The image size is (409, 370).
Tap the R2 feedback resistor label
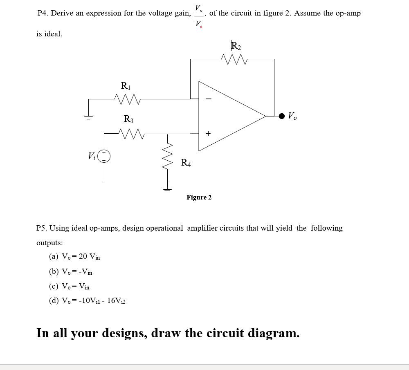coord(236,45)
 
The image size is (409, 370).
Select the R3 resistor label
coord(128,119)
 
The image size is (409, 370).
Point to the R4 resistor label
coord(186,163)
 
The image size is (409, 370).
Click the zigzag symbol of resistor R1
coord(127,99)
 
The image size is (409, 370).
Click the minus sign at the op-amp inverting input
coord(208,99)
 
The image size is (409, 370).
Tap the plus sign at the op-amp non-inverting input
coord(208,133)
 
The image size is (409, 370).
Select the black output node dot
coord(281,116)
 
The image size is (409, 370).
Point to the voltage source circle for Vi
coord(104,155)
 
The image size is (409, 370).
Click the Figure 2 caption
coord(199,197)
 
